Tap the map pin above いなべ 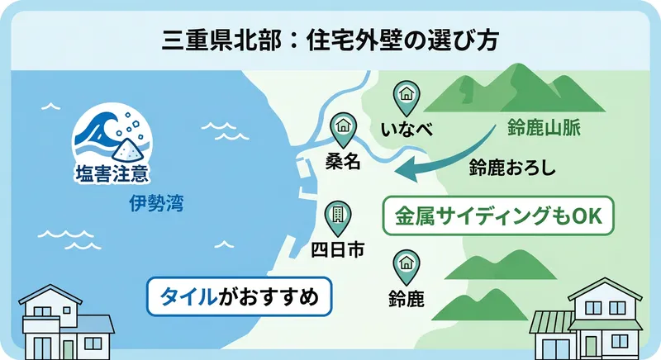point(407,96)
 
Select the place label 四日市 point(336,250)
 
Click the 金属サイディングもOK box point(499,216)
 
